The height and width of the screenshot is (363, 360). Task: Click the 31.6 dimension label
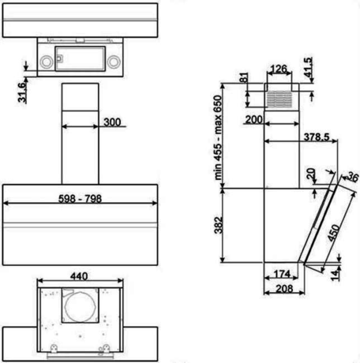tap(24, 92)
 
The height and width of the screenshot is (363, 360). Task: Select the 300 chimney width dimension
tap(111, 122)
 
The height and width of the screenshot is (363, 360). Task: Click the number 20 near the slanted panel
tap(309, 173)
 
